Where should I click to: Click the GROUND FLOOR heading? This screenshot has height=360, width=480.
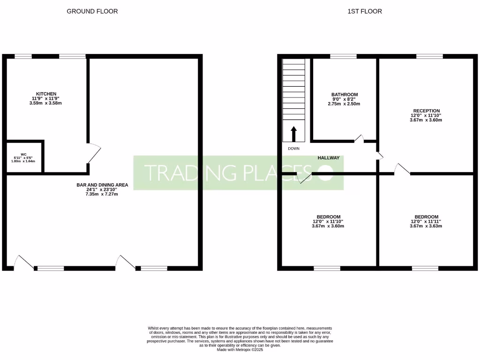click(92, 11)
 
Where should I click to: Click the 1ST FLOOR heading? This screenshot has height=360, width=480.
click(364, 11)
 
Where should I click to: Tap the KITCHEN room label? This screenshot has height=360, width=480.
click(46, 94)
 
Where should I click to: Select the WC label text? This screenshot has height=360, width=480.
click(23, 153)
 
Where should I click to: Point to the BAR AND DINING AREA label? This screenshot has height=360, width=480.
click(102, 185)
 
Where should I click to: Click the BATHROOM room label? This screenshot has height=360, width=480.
click(344, 95)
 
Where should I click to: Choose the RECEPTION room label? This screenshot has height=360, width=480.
click(426, 111)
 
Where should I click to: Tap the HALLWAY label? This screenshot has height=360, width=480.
click(328, 158)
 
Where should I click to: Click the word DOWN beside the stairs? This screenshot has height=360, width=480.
click(293, 149)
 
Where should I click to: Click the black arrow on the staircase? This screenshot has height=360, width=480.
click(294, 133)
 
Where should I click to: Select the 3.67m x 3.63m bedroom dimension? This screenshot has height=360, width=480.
click(426, 226)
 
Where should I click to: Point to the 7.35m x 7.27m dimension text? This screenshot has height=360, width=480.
click(102, 194)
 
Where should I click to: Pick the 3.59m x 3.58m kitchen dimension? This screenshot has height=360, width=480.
click(46, 103)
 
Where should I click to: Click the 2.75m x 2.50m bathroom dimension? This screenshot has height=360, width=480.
click(344, 104)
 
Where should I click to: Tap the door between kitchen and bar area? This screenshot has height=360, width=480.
click(93, 153)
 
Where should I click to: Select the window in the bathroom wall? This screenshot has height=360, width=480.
click(343, 57)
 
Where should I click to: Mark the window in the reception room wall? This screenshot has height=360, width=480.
click(429, 57)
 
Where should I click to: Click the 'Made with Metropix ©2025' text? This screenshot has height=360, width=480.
click(240, 349)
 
